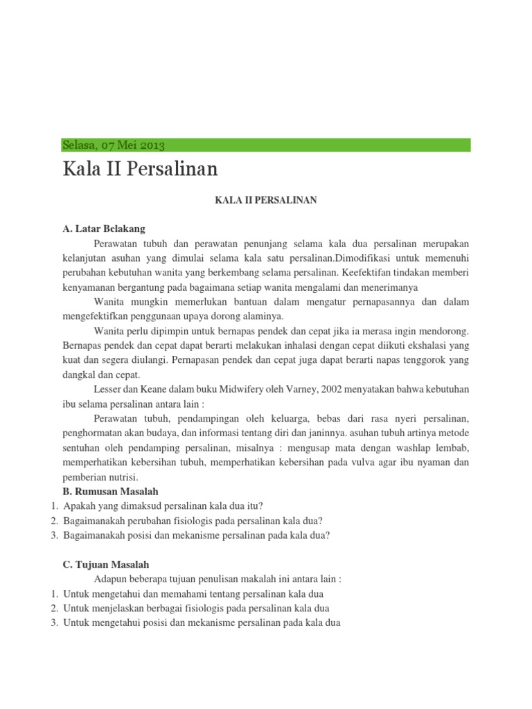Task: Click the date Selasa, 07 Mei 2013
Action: tap(114, 145)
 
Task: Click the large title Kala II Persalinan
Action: tap(140, 170)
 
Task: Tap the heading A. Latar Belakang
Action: tap(104, 229)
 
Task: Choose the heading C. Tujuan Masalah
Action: tap(106, 564)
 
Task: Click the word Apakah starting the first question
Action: tap(80, 506)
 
